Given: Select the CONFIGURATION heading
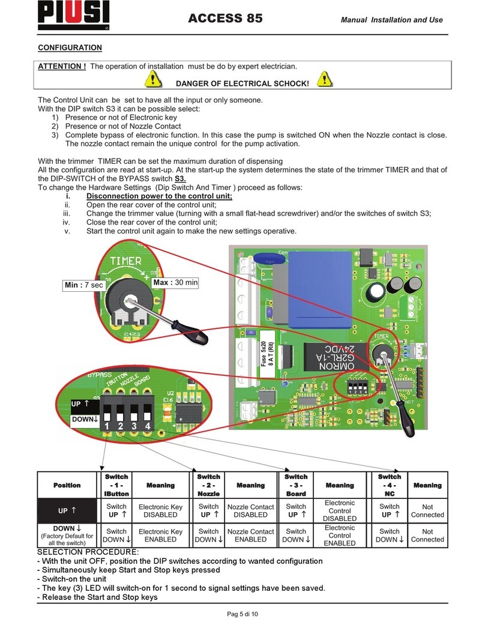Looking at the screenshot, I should [x=70, y=47].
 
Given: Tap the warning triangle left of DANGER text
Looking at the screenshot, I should [x=154, y=79].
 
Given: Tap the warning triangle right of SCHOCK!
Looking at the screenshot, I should [x=325, y=79].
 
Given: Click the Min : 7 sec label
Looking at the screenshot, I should [x=84, y=285].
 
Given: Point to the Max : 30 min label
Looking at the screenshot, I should [x=175, y=282].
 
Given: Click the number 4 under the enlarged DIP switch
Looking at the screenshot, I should [x=147, y=427].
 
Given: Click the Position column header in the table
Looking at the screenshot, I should [x=67, y=485].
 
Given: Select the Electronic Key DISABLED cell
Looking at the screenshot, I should [x=160, y=510].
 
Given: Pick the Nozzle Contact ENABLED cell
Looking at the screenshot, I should [x=250, y=536].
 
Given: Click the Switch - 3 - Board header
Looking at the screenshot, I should [x=296, y=485].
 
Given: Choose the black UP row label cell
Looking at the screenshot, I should [x=67, y=510].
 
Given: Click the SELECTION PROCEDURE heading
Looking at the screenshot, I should [x=88, y=552].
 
